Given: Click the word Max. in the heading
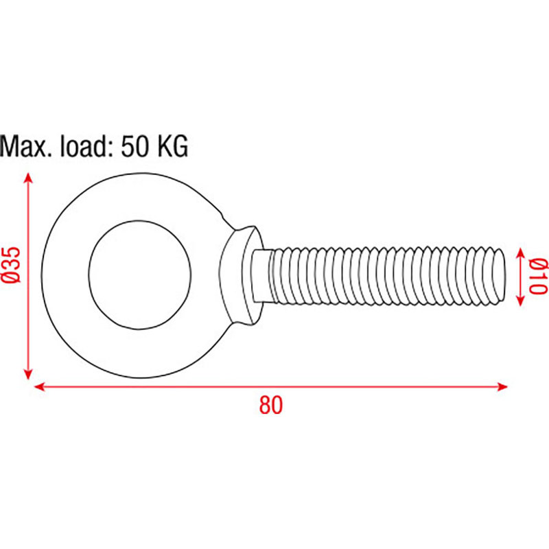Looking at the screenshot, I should coord(26,146).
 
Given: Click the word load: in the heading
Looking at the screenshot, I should coord(83,146).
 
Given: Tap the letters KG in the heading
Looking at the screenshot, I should coord(171,146).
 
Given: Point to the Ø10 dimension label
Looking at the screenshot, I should coord(539,276).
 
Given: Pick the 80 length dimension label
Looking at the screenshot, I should coord(271,406).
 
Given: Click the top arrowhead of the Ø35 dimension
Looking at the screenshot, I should coord(28,178).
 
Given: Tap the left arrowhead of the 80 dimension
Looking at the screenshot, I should coord(38,386).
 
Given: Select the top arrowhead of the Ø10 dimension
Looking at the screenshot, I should coord(519,251).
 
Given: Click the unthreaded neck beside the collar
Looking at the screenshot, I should coord(262,275).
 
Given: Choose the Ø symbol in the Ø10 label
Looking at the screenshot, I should coord(539,264).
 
